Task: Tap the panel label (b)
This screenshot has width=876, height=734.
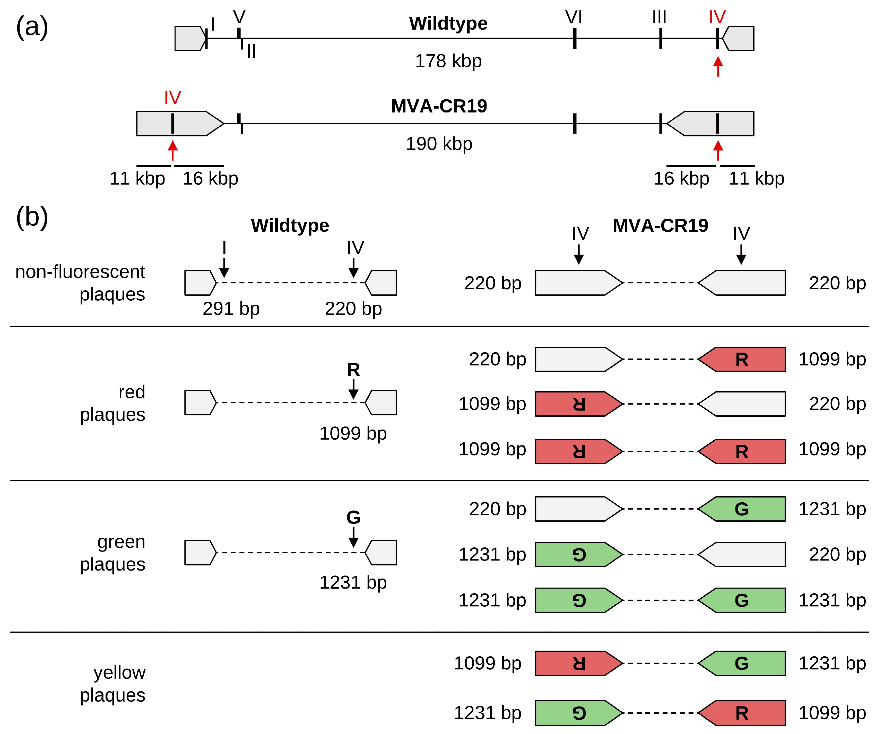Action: tap(32, 217)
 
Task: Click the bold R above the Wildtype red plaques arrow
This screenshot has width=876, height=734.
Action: tap(353, 370)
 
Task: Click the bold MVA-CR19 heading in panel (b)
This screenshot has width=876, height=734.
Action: tap(660, 226)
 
